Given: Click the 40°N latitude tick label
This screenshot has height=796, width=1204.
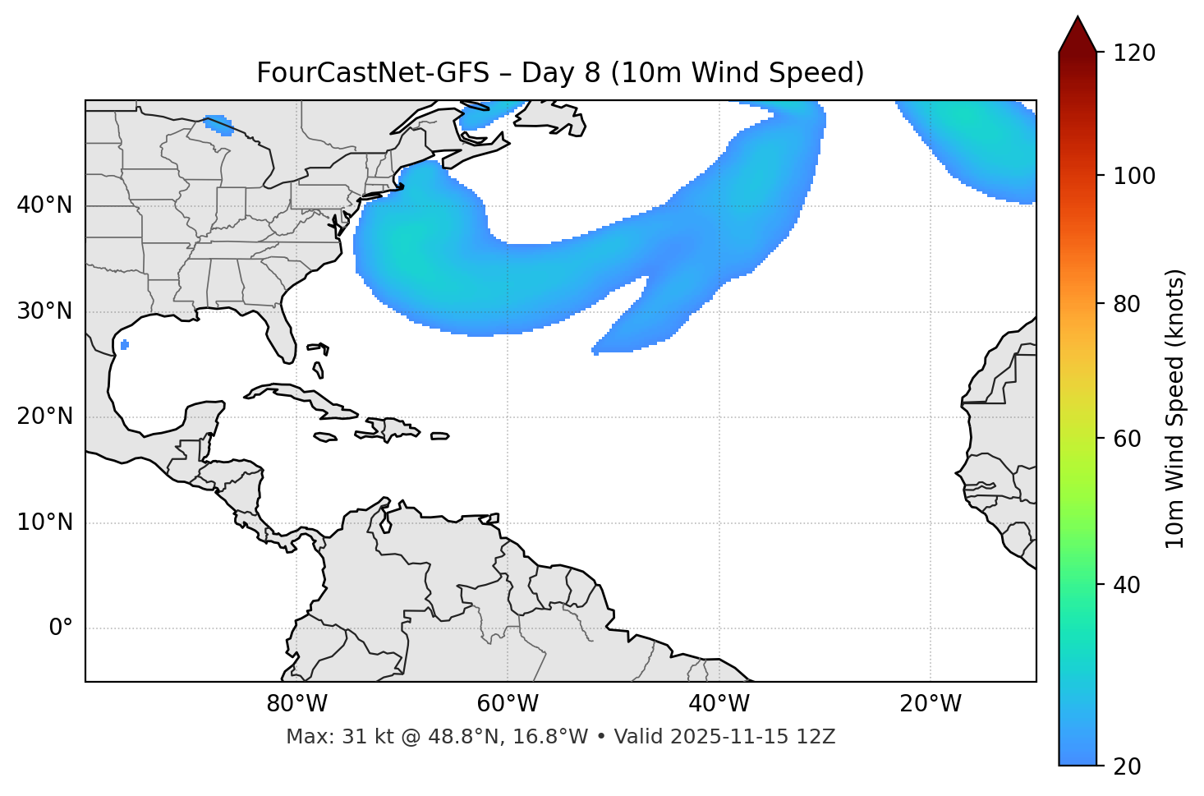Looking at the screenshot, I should click(x=44, y=205).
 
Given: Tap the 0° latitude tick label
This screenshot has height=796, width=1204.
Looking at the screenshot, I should click(x=61, y=628).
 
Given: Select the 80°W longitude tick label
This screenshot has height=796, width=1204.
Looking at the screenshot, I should click(x=296, y=704).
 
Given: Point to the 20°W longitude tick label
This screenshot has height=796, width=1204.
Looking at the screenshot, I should click(x=931, y=704).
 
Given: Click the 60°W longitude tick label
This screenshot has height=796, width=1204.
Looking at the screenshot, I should click(x=508, y=704).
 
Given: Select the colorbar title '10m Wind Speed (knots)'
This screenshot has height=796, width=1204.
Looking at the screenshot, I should click(x=1175, y=408).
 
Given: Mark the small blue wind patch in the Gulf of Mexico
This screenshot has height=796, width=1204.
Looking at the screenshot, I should click(x=124, y=344).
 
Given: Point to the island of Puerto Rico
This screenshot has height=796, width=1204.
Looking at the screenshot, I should click(x=440, y=436).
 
